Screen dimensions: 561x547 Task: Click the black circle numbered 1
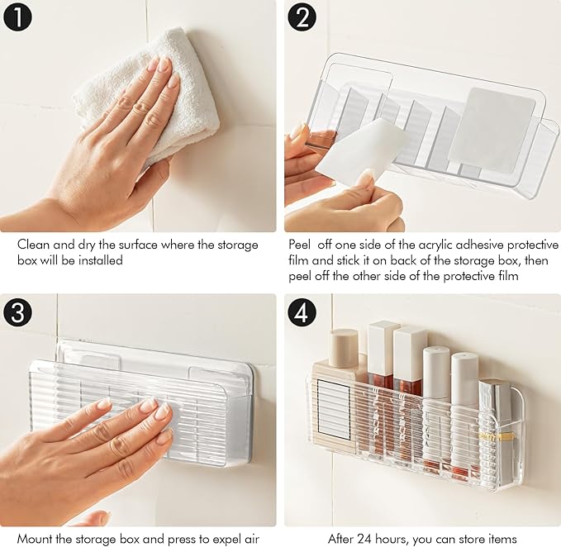point(17,17)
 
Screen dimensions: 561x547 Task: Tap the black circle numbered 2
point(302,17)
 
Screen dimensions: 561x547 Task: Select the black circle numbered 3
point(17,312)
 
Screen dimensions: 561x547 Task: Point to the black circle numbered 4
point(302,312)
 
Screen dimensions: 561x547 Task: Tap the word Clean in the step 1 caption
point(34,245)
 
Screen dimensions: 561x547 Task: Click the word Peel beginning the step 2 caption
point(300,245)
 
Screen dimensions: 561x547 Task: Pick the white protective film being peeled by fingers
point(361,152)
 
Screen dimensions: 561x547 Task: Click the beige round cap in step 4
point(344,348)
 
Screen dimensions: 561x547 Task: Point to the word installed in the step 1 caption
point(100,260)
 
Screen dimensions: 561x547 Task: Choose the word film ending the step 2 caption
point(508,276)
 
